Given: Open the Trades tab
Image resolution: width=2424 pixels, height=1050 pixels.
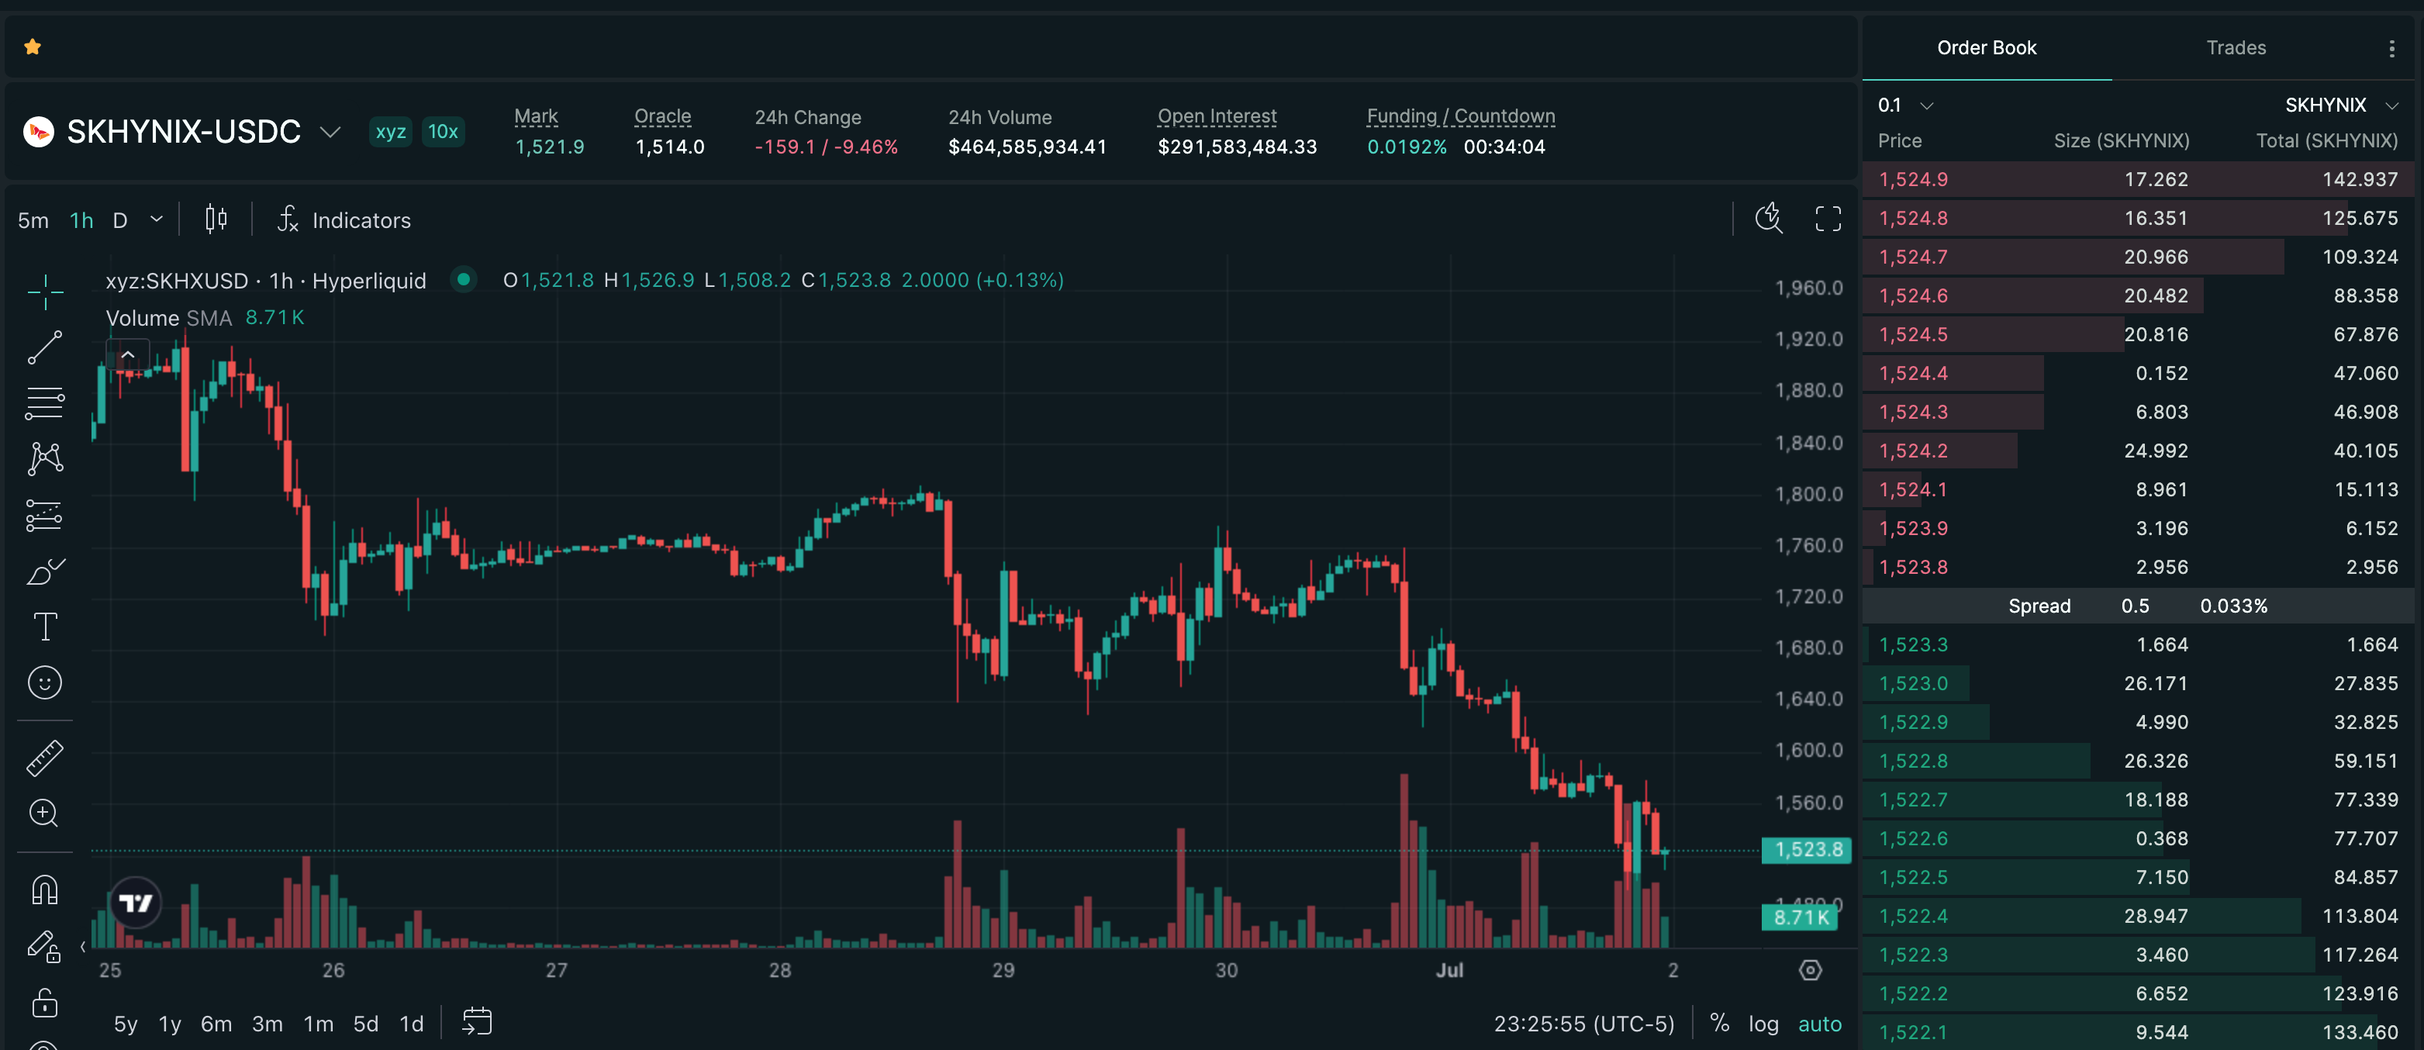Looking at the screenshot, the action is click(x=2236, y=47).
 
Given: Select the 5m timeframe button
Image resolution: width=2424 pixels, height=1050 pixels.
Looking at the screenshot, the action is click(x=33, y=220).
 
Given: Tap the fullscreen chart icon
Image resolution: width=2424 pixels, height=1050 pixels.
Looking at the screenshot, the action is click(x=1828, y=219).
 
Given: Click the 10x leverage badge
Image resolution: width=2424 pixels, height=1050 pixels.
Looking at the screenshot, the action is click(x=442, y=132).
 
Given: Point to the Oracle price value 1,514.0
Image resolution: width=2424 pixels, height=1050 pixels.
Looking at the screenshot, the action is click(x=669, y=147).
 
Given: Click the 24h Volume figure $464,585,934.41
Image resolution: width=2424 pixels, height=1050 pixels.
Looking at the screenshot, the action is click(x=1027, y=147).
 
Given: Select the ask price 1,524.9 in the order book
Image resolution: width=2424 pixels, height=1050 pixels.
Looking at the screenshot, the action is click(x=1913, y=179).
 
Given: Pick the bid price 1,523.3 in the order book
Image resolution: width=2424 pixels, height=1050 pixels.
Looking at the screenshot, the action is click(x=1913, y=644).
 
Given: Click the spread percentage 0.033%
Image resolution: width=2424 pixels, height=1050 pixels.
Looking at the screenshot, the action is click(x=2233, y=606).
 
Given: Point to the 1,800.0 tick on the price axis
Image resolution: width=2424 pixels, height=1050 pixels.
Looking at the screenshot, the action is click(x=1808, y=494).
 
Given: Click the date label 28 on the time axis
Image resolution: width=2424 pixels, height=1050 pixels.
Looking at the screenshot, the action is click(x=779, y=970).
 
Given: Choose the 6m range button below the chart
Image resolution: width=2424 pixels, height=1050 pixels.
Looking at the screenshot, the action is click(x=216, y=1024).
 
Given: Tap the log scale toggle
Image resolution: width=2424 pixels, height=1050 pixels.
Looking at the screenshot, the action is click(x=1763, y=1024).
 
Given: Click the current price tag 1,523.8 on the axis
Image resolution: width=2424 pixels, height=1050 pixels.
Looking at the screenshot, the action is click(x=1807, y=850).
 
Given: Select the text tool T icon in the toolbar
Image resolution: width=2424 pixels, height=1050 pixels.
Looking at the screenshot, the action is click(x=44, y=627).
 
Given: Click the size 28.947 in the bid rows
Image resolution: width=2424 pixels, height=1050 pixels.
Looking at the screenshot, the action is click(x=2155, y=916).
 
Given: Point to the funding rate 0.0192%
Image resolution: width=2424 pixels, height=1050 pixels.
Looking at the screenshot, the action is click(x=1406, y=147).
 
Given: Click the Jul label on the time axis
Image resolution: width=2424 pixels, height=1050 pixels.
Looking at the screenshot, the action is click(x=1449, y=970).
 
